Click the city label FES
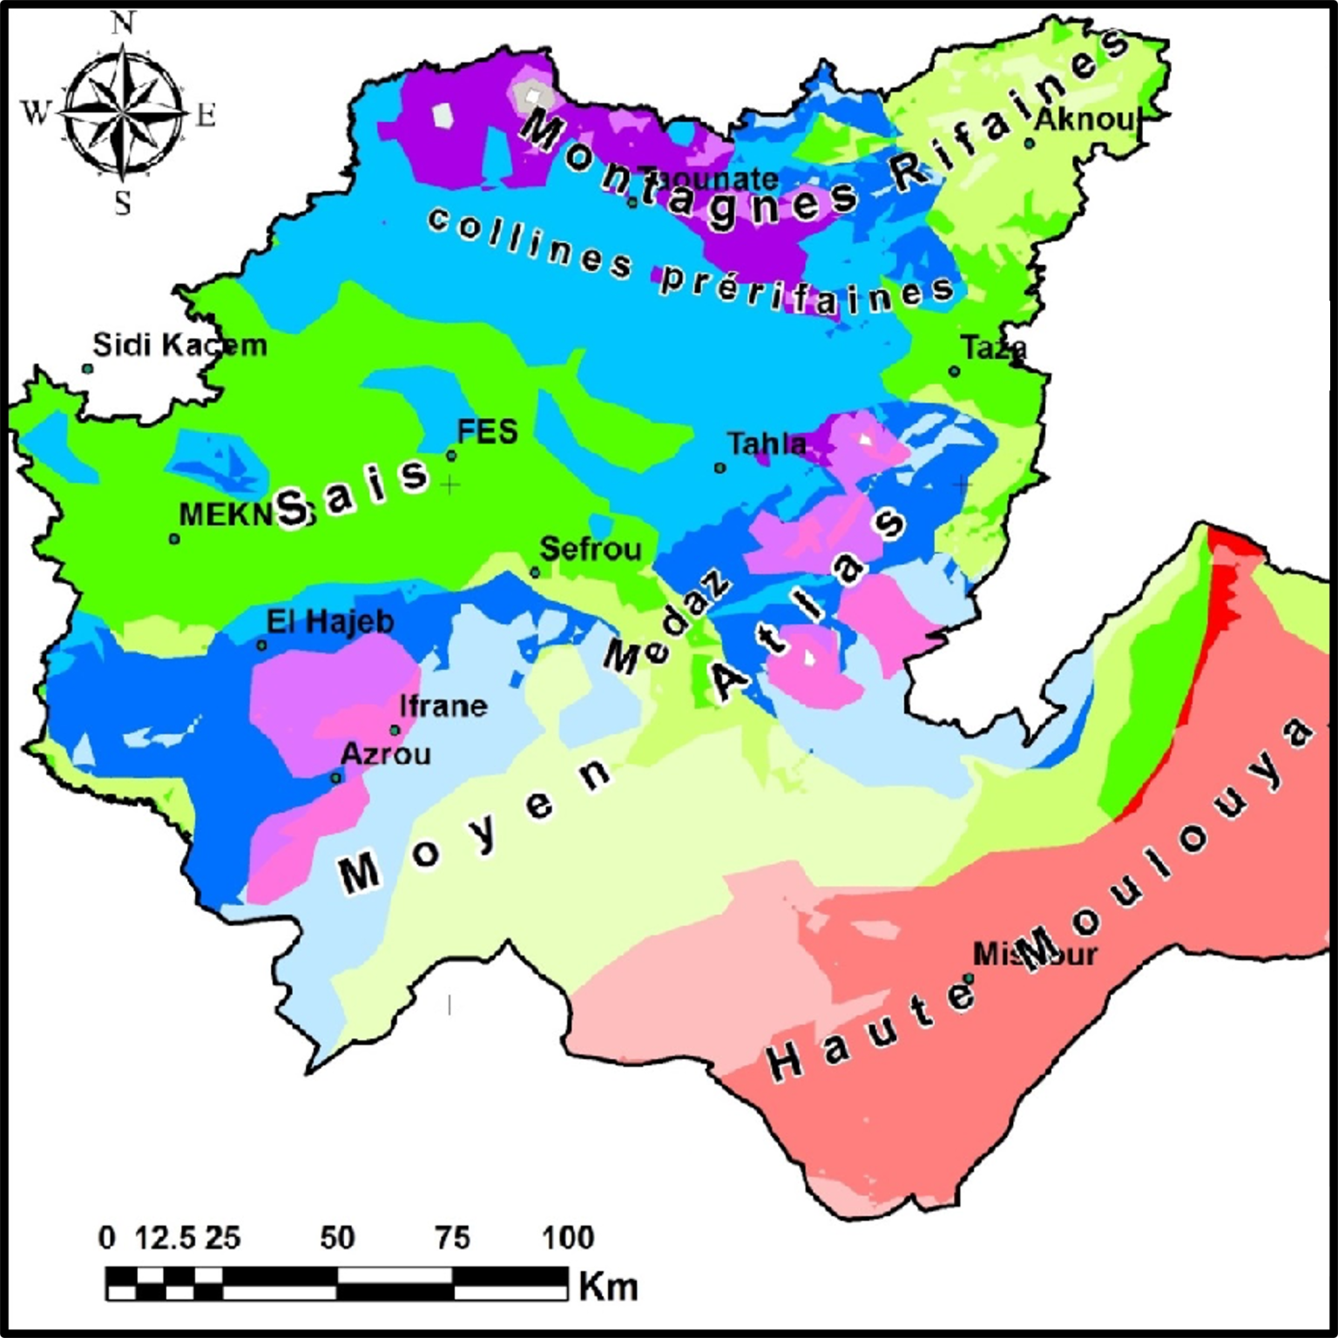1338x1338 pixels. click(x=488, y=431)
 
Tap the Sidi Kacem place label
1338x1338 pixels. click(x=179, y=345)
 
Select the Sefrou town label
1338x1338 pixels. click(x=591, y=549)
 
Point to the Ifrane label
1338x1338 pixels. click(x=443, y=706)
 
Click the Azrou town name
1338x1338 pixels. click(x=386, y=753)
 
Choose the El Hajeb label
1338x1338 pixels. click(x=330, y=622)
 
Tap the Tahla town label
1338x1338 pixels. click(x=767, y=444)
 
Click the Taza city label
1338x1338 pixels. click(x=994, y=348)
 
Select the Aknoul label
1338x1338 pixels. click(x=1085, y=119)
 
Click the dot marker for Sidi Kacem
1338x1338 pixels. click(x=88, y=368)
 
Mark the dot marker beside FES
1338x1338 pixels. click(x=451, y=455)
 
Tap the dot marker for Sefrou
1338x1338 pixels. click(x=535, y=572)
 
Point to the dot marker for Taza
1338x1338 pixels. click(x=955, y=372)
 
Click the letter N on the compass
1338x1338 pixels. click(x=123, y=24)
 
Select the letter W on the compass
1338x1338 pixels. click(x=35, y=112)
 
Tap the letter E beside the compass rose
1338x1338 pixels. click(x=206, y=115)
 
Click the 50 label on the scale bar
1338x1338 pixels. click(x=337, y=1237)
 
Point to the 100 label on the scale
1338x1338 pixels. click(x=568, y=1237)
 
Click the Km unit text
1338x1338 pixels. click(x=608, y=1287)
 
